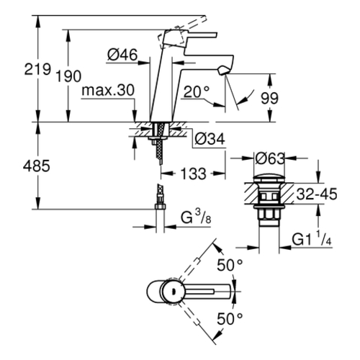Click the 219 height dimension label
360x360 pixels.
(37, 69)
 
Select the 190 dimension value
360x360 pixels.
(68, 76)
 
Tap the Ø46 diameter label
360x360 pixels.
(122, 55)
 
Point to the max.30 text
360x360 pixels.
(108, 91)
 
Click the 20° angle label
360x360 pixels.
(197, 91)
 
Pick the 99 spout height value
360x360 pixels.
(269, 98)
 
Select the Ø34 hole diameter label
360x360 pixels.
(210, 139)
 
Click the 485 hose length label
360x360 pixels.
(37, 166)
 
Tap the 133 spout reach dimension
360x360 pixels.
(193, 174)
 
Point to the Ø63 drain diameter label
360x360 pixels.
(270, 158)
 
